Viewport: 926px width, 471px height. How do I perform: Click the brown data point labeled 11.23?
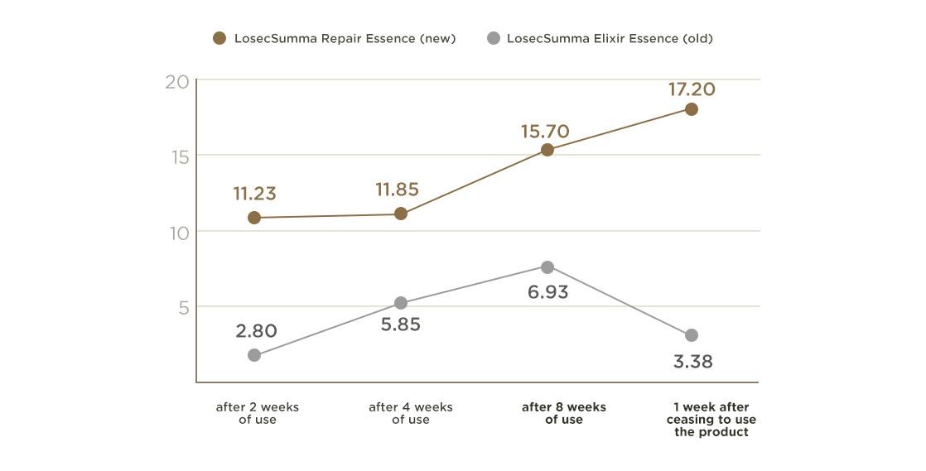point(254,218)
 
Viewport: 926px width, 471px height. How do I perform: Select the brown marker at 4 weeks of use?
point(401,214)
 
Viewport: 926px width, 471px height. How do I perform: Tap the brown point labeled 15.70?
point(547,150)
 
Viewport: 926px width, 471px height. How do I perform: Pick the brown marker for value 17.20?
point(692,109)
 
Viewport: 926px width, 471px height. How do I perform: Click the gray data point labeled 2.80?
point(254,355)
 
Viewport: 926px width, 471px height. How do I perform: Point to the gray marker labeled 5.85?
point(401,303)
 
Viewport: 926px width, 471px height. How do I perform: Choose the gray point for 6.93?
point(547,267)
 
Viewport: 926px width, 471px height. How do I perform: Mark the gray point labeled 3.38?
point(692,335)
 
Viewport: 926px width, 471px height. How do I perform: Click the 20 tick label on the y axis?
point(176,82)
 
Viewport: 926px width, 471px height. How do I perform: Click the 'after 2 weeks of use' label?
point(257,413)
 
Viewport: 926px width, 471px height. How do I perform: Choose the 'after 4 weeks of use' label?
point(410,413)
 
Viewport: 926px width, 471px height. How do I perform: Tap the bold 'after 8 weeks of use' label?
point(563,413)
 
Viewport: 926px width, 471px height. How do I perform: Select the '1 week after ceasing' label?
point(711,420)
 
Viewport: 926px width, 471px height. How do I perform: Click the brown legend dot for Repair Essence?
point(219,38)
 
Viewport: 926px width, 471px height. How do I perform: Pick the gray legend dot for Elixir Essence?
point(494,38)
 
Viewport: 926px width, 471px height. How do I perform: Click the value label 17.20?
point(692,89)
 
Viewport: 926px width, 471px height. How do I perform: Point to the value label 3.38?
point(692,362)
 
